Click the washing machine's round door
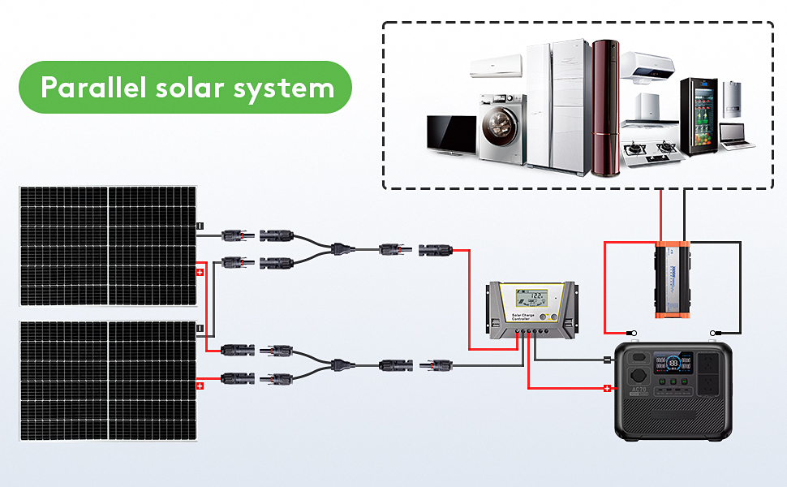coord(497,129)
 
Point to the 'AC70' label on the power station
coord(640,390)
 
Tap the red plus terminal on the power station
coord(606,388)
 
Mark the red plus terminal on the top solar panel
coord(200,272)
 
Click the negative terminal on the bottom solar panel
coord(200,328)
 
